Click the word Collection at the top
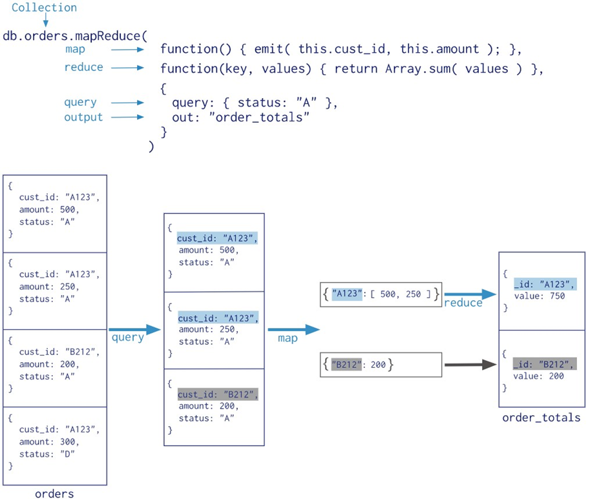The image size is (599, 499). tap(44, 7)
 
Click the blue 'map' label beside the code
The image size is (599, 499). tap(75, 50)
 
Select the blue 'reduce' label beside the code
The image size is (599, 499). tap(83, 67)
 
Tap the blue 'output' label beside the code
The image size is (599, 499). tap(83, 117)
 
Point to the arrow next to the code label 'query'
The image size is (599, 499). tap(127, 103)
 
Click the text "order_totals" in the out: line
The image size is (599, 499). tap(258, 117)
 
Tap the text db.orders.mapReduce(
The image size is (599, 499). tap(75, 36)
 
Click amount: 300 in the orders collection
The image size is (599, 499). tap(48, 442)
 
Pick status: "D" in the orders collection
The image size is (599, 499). tap(47, 454)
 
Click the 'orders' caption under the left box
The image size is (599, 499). tap(54, 494)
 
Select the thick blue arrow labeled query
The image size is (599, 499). tap(134, 330)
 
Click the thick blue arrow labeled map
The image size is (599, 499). tap(294, 329)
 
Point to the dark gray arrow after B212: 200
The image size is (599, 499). tap(470, 365)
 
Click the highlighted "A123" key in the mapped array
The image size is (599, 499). tap(347, 294)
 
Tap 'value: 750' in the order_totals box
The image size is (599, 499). tap(540, 296)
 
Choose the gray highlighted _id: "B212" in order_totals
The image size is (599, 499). tap(545, 364)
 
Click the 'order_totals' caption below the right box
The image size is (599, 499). tap(541, 418)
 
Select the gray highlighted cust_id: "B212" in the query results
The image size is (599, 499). tap(218, 394)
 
